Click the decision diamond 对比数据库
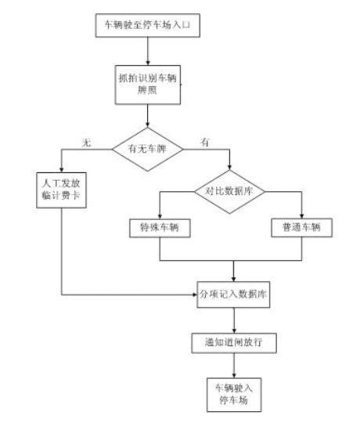[231, 191]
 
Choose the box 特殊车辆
[160, 228]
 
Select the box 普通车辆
[301, 228]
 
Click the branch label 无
[88, 139]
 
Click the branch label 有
[206, 139]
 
